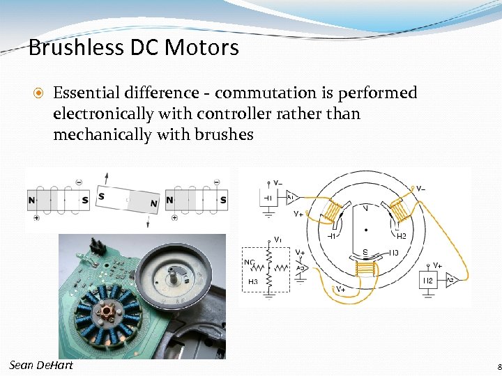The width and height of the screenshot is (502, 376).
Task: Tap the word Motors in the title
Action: [x=208, y=48]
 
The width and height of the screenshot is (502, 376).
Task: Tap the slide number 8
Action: [x=498, y=368]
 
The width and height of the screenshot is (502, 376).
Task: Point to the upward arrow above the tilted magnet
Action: [x=106, y=178]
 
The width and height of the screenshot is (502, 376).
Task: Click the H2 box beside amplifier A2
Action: [x=429, y=281]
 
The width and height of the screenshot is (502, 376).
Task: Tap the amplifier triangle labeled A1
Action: [x=291, y=198]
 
